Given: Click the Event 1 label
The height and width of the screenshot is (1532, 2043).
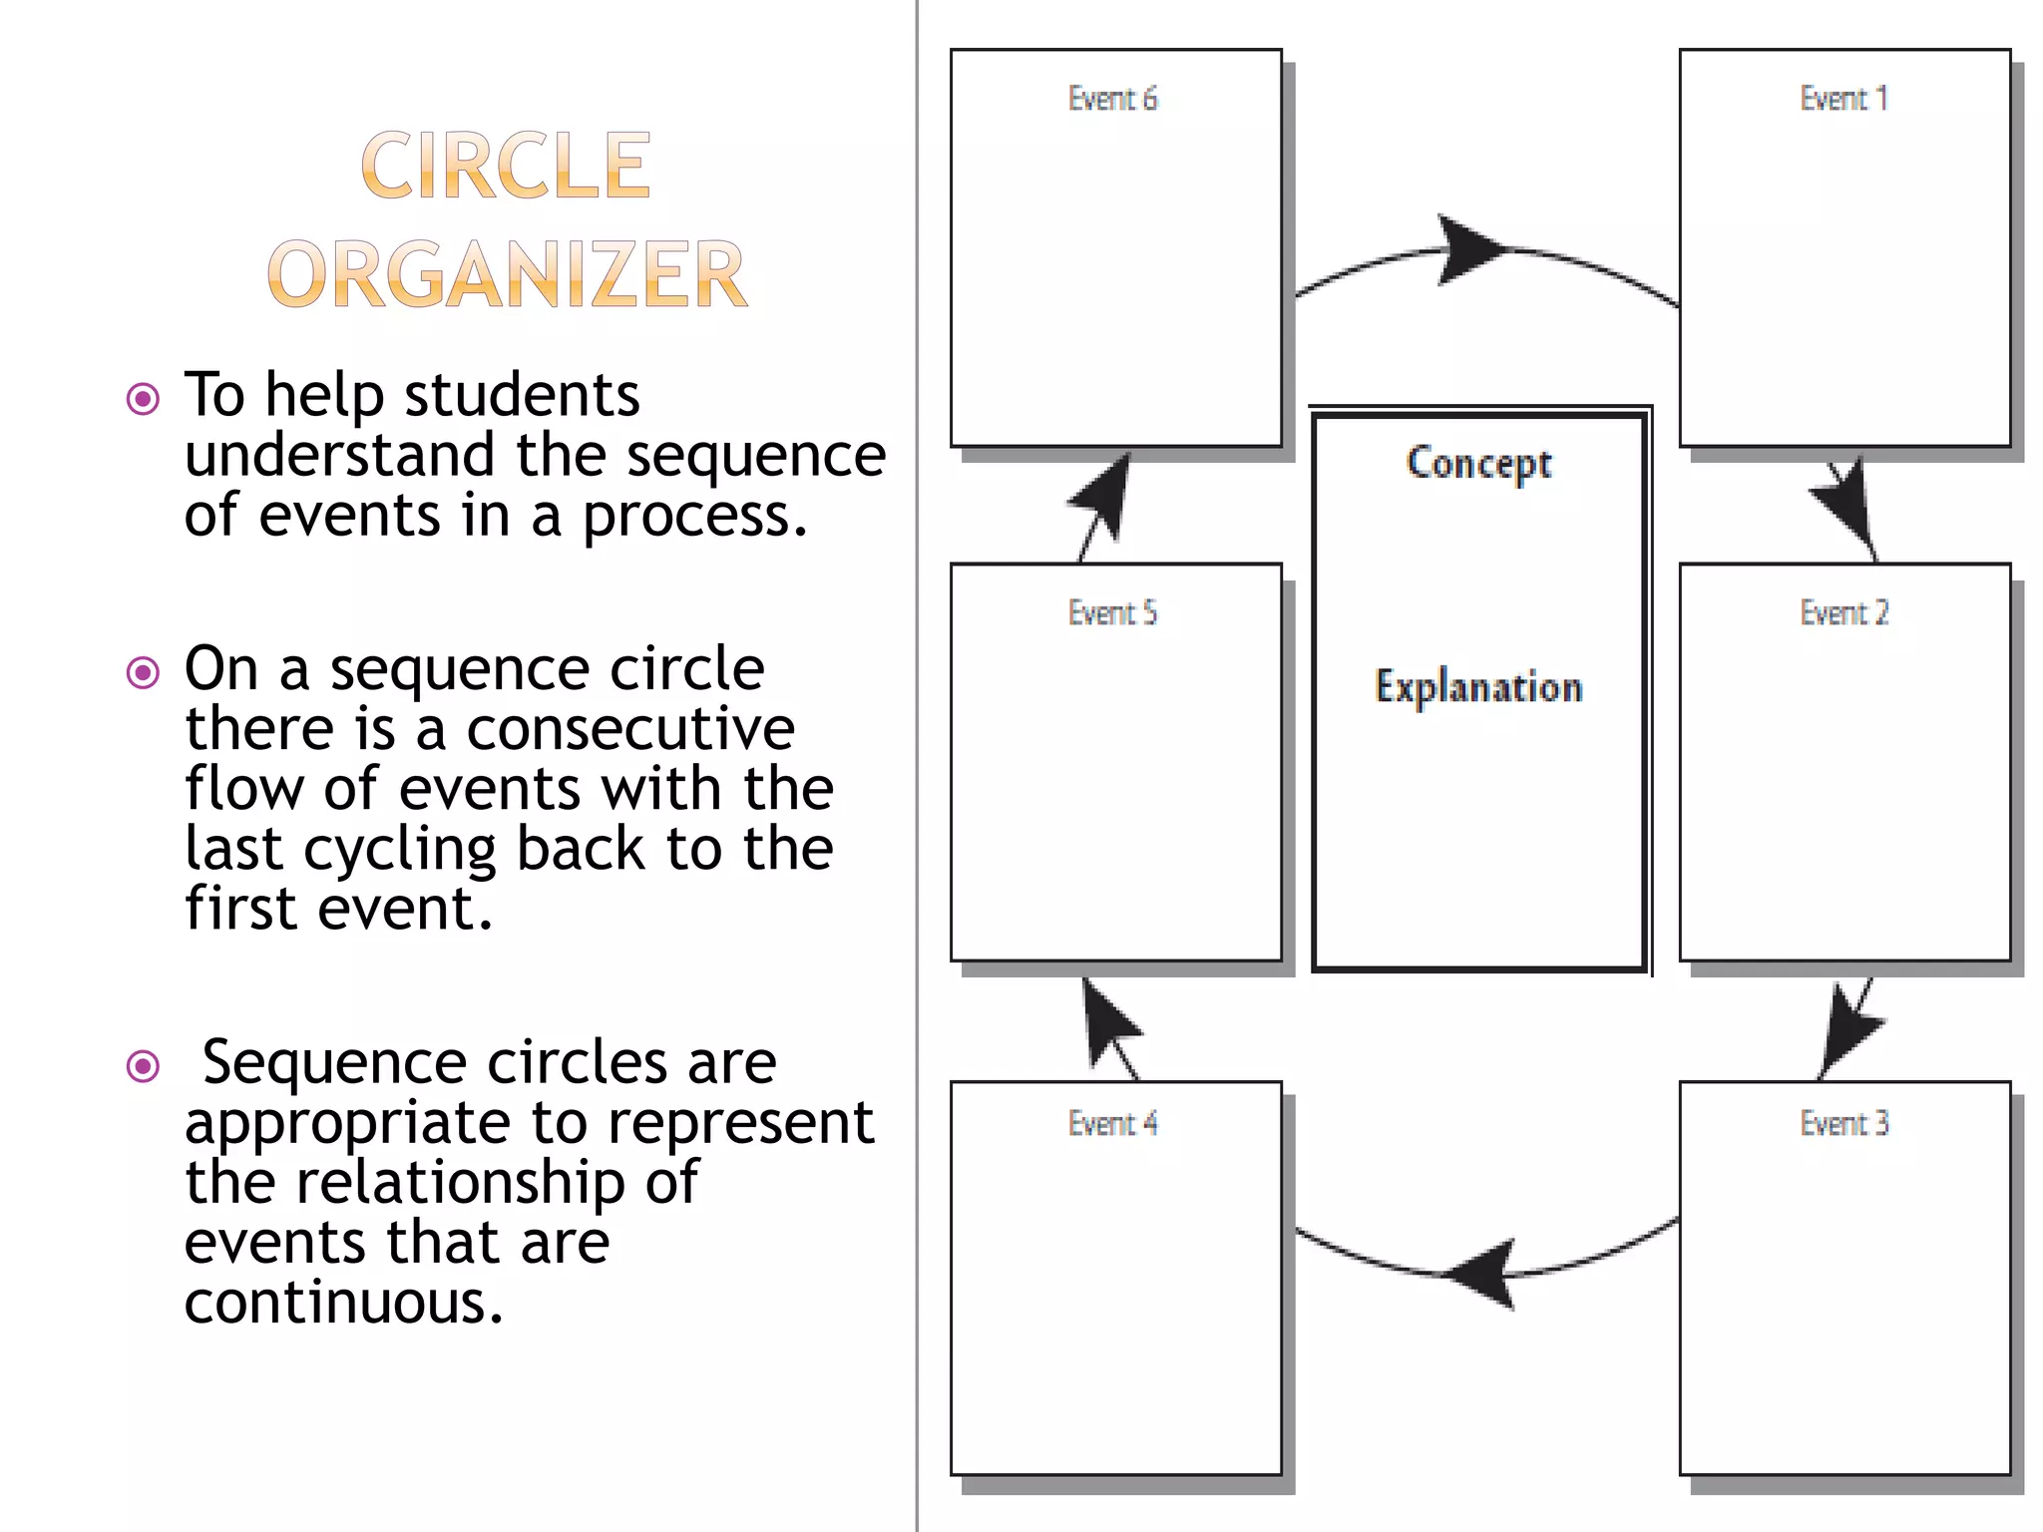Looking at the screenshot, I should tap(1843, 99).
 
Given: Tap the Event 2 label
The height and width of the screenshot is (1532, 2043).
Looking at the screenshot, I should tap(1843, 612).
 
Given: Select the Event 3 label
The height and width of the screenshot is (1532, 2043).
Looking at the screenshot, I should tap(1843, 1123).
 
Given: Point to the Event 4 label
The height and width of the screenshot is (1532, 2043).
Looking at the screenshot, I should tap(1112, 1123).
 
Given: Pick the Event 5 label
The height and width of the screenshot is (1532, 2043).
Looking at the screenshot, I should tap(1112, 612).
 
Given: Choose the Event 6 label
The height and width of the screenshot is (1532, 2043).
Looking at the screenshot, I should tap(1112, 99).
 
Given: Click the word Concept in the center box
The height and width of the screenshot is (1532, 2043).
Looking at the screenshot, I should tap(1478, 464).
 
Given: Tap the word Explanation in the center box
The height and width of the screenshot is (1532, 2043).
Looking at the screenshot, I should tap(1478, 687).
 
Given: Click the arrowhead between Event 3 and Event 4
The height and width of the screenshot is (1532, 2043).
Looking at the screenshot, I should tap(1486, 1274).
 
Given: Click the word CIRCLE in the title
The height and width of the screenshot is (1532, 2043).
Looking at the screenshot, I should tap(506, 166).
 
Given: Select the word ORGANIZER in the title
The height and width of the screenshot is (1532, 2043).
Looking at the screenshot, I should tap(507, 274).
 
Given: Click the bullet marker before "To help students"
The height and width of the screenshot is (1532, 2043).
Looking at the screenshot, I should tap(144, 399).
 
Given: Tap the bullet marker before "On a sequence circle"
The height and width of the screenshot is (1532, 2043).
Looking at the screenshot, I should tap(144, 672).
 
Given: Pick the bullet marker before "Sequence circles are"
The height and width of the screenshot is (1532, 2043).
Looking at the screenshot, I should tap(144, 1066).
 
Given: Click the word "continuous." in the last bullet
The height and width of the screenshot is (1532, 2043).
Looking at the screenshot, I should tap(344, 1302).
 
